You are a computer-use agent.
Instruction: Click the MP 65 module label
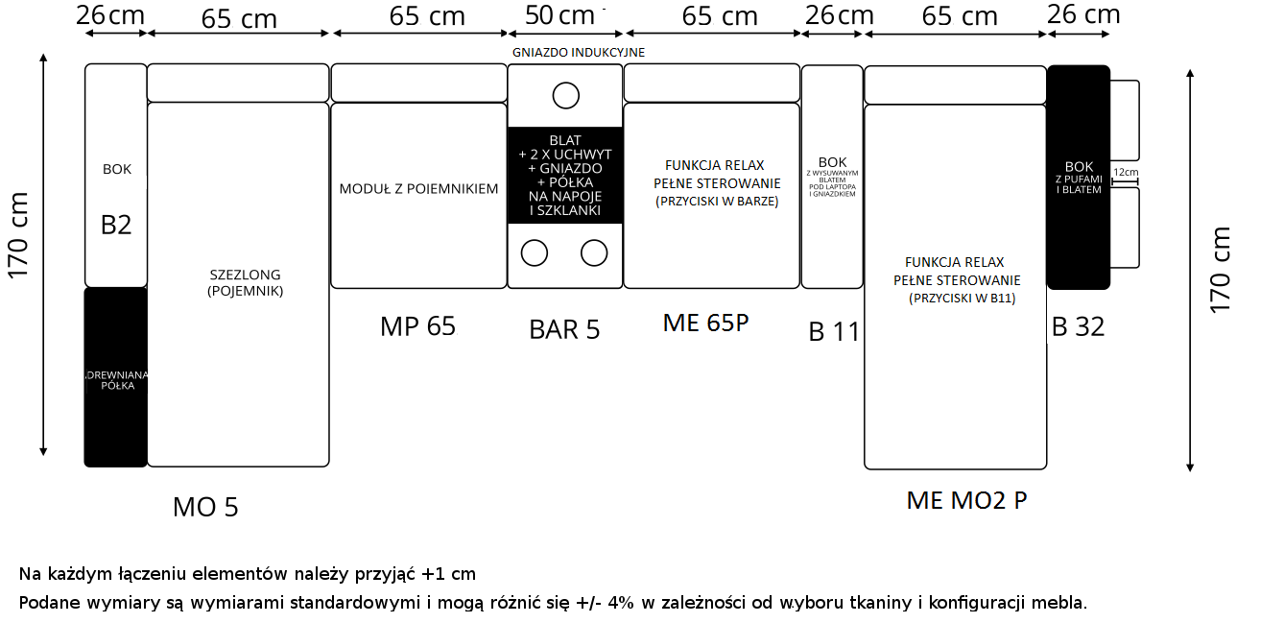tap(417, 326)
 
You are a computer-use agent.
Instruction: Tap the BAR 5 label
tap(564, 329)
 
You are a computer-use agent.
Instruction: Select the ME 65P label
tap(705, 323)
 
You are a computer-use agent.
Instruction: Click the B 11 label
tap(833, 332)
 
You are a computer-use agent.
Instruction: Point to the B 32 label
tap(1078, 327)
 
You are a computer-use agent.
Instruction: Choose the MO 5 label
tap(205, 507)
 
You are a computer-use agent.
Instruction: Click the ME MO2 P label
tap(966, 500)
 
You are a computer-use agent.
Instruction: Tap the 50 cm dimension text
tap(561, 15)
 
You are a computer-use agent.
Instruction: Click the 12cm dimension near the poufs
tap(1126, 174)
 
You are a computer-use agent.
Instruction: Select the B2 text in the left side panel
tap(116, 226)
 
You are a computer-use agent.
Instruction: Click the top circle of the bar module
tap(565, 95)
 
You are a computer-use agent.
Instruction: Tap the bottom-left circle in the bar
tap(534, 252)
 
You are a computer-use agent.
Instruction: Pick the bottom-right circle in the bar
tap(594, 252)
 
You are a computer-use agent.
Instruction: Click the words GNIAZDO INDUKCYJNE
tap(578, 52)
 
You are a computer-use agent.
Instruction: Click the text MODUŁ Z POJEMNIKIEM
tap(418, 189)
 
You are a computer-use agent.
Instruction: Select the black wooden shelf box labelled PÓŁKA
tap(116, 377)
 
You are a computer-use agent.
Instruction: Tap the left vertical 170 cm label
tap(20, 235)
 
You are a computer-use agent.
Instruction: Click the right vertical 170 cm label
tap(1220, 269)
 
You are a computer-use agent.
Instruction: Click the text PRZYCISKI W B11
tap(962, 299)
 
